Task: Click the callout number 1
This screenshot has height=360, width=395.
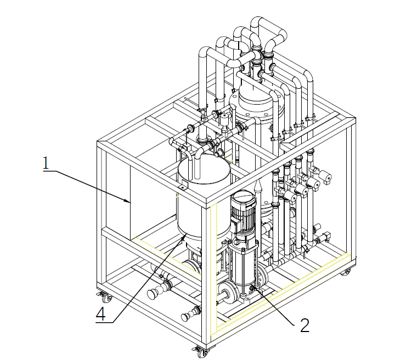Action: (46, 163)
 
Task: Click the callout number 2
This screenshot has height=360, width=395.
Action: (304, 325)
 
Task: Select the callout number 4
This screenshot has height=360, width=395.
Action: (100, 314)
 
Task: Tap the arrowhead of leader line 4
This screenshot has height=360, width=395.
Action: (185, 236)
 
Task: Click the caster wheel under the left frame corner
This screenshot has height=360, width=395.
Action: (106, 298)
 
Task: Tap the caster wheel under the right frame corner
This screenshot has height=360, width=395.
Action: (346, 272)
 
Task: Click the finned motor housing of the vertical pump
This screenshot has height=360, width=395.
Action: (242, 211)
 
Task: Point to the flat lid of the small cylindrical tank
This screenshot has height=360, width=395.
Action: (204, 168)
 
